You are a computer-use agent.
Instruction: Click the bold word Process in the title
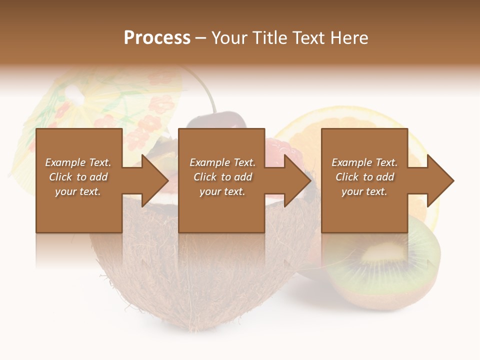click(157, 38)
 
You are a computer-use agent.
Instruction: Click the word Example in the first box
click(65, 162)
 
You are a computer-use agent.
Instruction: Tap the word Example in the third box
click(351, 162)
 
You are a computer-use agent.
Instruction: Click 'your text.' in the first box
click(78, 191)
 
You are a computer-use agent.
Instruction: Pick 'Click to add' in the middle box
click(222, 177)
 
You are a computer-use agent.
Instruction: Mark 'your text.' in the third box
click(364, 191)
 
